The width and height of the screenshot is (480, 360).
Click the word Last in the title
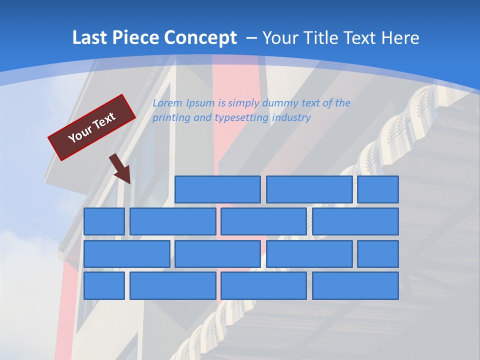pos(88,37)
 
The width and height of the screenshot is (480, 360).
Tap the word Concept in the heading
pos(200,38)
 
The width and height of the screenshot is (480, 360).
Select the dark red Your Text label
pos(92,127)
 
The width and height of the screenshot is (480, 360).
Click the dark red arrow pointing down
pos(122,169)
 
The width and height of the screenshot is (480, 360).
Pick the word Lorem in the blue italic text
pos(167,103)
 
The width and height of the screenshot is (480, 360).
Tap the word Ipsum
pos(200,103)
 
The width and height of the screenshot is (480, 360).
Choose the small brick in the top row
pos(378,189)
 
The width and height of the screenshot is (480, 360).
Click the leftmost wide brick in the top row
pos(217,189)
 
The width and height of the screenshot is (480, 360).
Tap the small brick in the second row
pos(104,221)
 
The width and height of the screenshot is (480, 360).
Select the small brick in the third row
pos(378,254)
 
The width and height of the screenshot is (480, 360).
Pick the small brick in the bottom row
pos(104,286)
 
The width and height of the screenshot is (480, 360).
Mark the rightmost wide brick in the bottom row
pos(355,286)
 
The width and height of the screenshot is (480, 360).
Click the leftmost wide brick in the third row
pos(126,254)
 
